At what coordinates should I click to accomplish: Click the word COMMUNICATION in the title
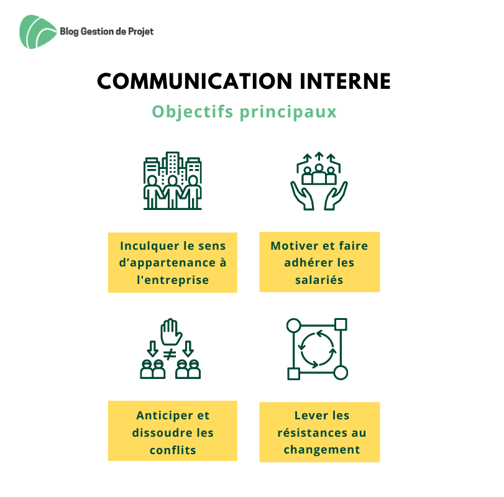pyautogui.click(x=195, y=81)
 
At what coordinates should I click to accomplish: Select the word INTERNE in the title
pyautogui.click(x=345, y=81)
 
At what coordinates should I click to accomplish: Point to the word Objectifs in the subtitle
pyautogui.click(x=192, y=112)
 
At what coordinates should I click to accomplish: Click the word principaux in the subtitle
pyautogui.click(x=288, y=112)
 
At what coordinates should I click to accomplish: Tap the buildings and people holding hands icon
pyautogui.click(x=172, y=181)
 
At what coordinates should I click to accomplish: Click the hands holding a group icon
pyautogui.click(x=319, y=181)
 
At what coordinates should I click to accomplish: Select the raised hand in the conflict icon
pyautogui.click(x=171, y=332)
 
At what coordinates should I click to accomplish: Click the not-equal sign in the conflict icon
pyautogui.click(x=170, y=354)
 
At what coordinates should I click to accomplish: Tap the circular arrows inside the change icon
pyautogui.click(x=317, y=349)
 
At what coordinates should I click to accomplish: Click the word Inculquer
pyautogui.click(x=146, y=246)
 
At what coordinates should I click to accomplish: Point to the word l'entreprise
pyautogui.click(x=173, y=280)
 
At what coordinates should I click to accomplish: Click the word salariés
pyautogui.click(x=319, y=280)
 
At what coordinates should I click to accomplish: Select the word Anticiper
pyautogui.click(x=164, y=416)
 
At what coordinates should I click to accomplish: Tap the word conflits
pyautogui.click(x=173, y=450)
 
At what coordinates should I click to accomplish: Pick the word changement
pyautogui.click(x=322, y=450)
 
